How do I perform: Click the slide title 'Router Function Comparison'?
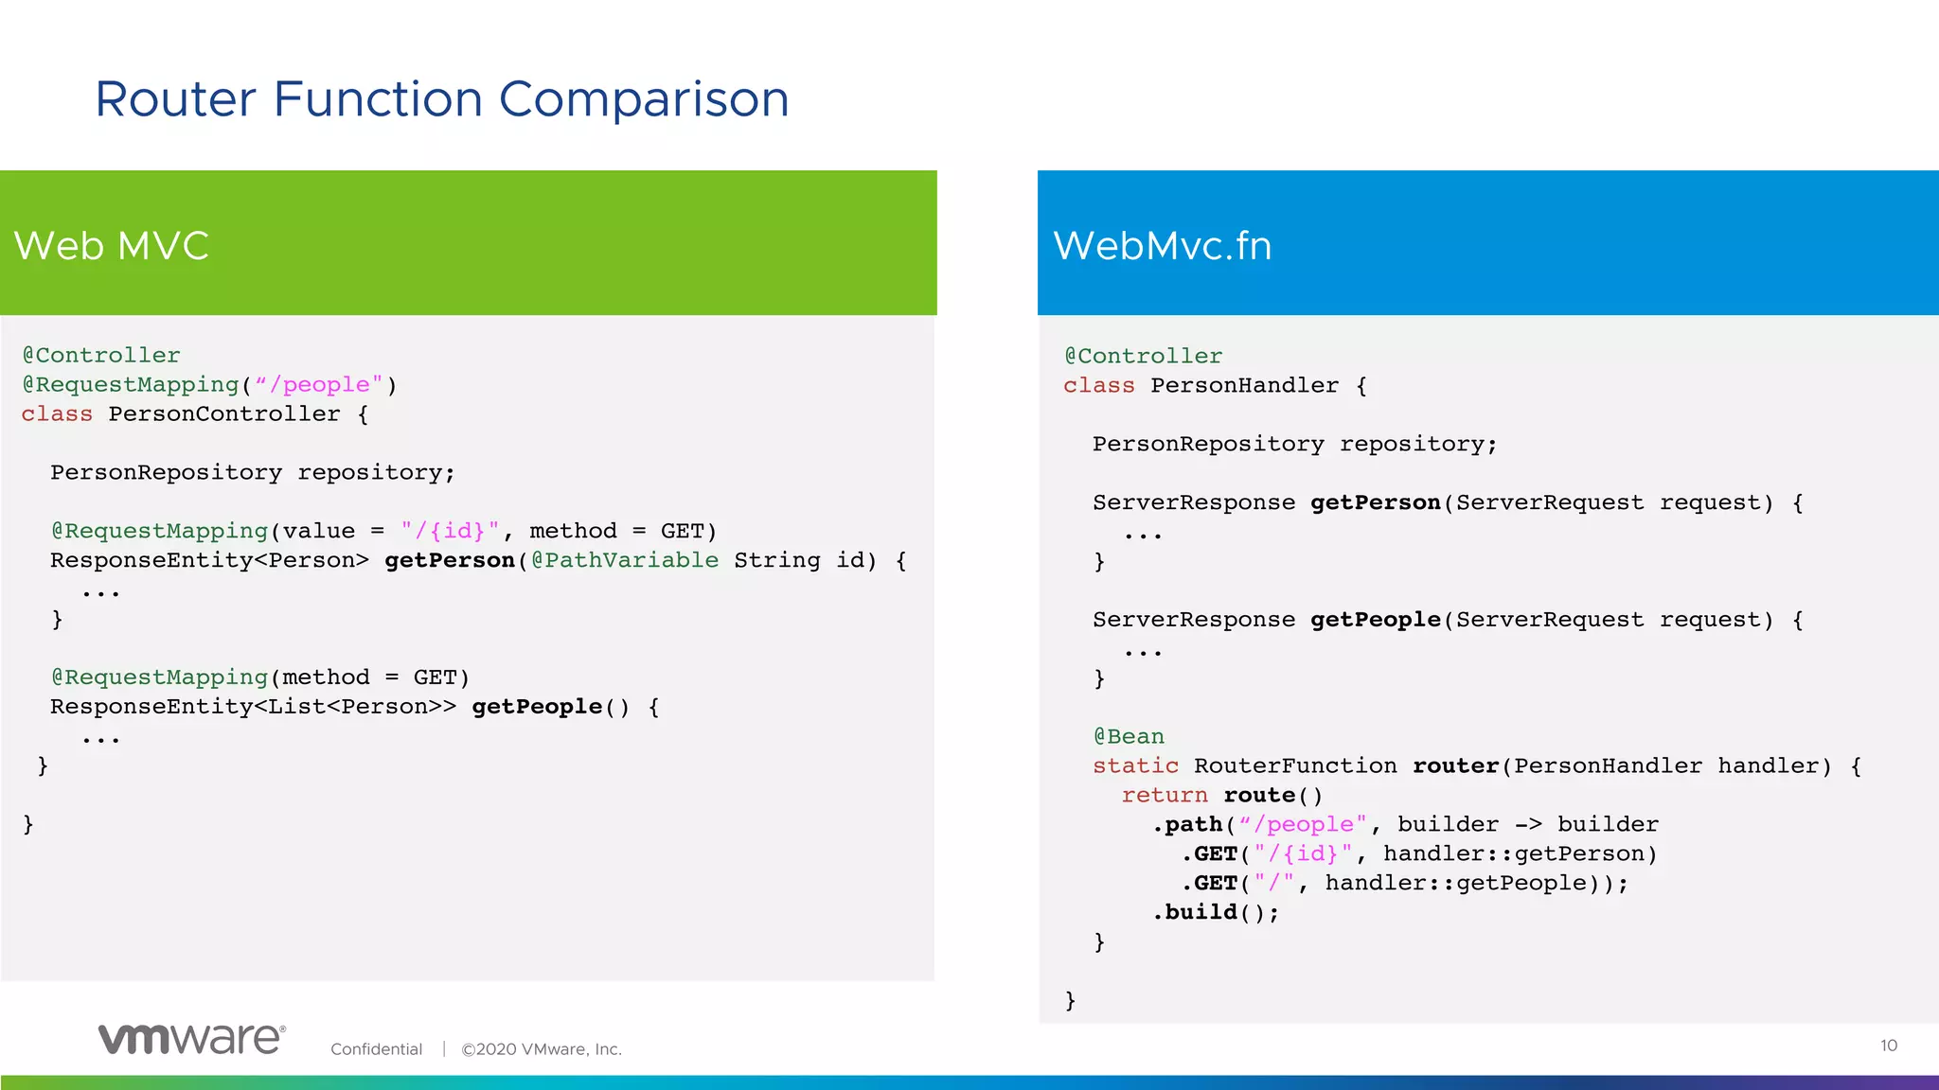(x=441, y=99)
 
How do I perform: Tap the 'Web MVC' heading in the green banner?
(x=111, y=246)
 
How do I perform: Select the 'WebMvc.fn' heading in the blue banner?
(x=1162, y=246)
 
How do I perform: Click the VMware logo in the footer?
(x=191, y=1038)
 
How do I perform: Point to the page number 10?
(x=1888, y=1046)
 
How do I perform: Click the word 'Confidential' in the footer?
(x=376, y=1049)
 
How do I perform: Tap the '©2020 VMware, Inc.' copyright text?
(x=541, y=1049)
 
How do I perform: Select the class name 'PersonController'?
(x=224, y=414)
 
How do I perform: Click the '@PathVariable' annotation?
(x=625, y=560)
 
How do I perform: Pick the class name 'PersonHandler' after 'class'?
(x=1244, y=386)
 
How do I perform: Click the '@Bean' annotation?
(x=1129, y=736)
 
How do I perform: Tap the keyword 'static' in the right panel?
(x=1135, y=765)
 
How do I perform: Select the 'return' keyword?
(x=1165, y=795)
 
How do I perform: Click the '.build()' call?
(x=1215, y=912)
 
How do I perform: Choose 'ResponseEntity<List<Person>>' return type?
(x=253, y=707)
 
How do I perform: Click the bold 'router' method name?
(x=1455, y=765)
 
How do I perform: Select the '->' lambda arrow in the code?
(x=1527, y=824)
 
